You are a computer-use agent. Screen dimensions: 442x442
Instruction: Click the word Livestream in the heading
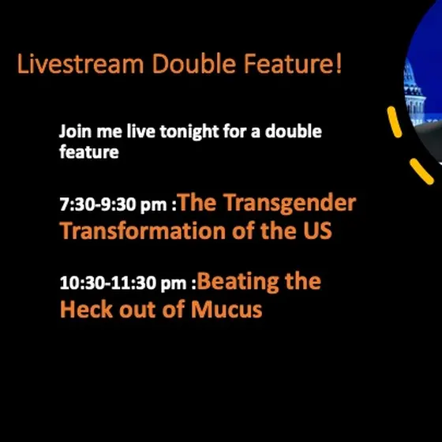81,63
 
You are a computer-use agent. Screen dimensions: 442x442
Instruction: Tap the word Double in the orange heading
194,63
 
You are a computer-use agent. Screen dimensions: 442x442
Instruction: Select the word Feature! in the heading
293,63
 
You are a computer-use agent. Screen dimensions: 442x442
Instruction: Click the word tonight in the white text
189,132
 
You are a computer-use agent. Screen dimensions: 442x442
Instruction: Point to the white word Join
75,131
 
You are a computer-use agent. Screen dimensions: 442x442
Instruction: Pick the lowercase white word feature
89,152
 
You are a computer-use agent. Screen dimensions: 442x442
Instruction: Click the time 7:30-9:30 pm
114,204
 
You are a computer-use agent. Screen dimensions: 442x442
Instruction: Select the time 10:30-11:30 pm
123,283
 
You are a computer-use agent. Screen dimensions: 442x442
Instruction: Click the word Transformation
141,230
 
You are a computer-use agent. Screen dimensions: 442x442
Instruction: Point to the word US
317,230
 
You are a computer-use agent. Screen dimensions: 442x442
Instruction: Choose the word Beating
238,283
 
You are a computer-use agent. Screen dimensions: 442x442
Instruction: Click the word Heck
87,309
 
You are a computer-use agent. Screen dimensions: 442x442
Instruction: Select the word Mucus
227,309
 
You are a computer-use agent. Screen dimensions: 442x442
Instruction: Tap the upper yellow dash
395,122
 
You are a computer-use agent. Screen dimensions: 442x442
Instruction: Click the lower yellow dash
421,171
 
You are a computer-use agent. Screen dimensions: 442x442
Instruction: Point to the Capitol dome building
414,93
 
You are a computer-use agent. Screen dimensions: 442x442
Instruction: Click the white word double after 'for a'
293,131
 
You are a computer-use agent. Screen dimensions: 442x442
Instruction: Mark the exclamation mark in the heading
339,63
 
